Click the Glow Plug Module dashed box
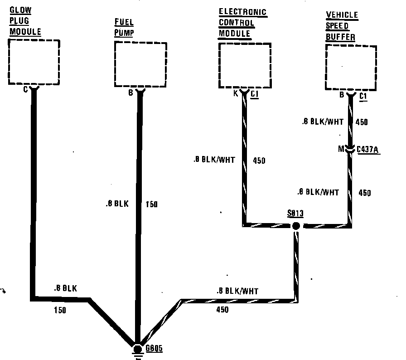pos(34,62)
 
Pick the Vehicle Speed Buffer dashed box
pos(351,68)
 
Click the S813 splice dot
pos(296,225)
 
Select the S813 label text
pos(295,214)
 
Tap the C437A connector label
pos(368,150)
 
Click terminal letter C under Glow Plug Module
pos(25,89)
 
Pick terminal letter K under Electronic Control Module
pos(236,94)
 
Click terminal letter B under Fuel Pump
pos(130,94)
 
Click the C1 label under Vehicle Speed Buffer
pos(363,97)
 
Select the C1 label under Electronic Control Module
pos(254,94)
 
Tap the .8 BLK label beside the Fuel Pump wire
pos(116,204)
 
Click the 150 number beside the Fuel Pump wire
pos(152,204)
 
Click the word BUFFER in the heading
pos(340,37)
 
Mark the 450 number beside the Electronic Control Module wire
pos(259,160)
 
